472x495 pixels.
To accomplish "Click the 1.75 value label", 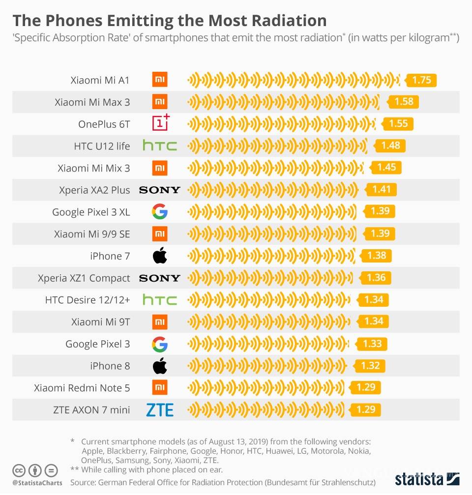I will coord(421,80).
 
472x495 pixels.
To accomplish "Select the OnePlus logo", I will coord(160,123).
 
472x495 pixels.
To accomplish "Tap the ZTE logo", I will coord(160,409).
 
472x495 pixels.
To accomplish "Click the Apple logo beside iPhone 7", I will coord(160,256).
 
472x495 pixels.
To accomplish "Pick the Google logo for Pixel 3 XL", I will coord(160,212).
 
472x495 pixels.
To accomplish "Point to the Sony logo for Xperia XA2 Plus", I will coord(160,190).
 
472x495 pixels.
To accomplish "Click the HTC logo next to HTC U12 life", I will coord(160,146).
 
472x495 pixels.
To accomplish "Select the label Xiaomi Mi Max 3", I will coord(92,102).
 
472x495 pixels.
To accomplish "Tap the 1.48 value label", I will coord(390,146).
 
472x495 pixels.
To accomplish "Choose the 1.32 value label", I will coord(370,366).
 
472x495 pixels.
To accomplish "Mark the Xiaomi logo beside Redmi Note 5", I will coord(160,387).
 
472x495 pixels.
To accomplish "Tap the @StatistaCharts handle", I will coord(37,483).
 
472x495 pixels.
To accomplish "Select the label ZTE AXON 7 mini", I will coord(91,409).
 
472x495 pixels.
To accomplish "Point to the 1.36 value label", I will coord(376,278).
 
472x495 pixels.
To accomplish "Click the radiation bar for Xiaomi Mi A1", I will coord(294,80).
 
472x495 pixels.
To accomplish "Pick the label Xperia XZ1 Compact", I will coord(84,278).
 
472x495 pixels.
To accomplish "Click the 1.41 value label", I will coord(381,190).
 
